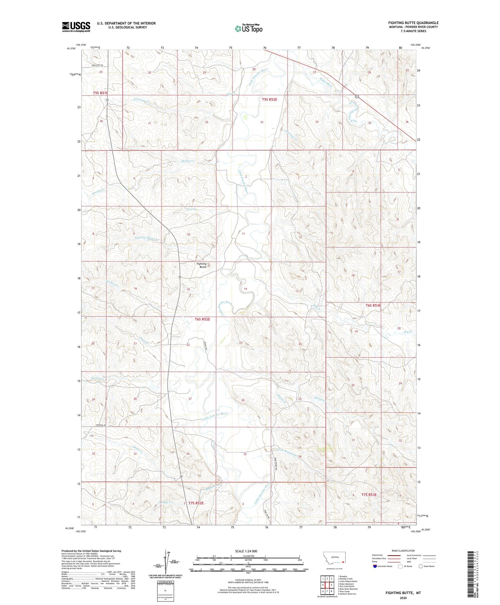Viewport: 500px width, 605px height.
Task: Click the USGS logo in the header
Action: pyautogui.click(x=76, y=26)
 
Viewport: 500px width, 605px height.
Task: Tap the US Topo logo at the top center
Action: pyautogui.click(x=248, y=28)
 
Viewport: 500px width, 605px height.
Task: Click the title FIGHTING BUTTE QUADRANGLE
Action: pyautogui.click(x=413, y=23)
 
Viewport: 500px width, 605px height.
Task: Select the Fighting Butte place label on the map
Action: pyautogui.click(x=201, y=265)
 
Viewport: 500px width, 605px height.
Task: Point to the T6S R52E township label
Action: pyautogui.click(x=200, y=319)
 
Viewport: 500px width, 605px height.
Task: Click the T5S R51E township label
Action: pyautogui.click(x=100, y=93)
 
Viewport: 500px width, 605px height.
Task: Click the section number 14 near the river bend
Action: pyautogui.click(x=245, y=289)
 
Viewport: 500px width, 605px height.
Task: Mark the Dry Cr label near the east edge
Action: pyautogui.click(x=408, y=332)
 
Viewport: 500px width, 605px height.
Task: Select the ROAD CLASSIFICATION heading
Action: pyautogui.click(x=403, y=551)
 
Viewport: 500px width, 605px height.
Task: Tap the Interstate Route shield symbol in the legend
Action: pyautogui.click(x=375, y=566)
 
